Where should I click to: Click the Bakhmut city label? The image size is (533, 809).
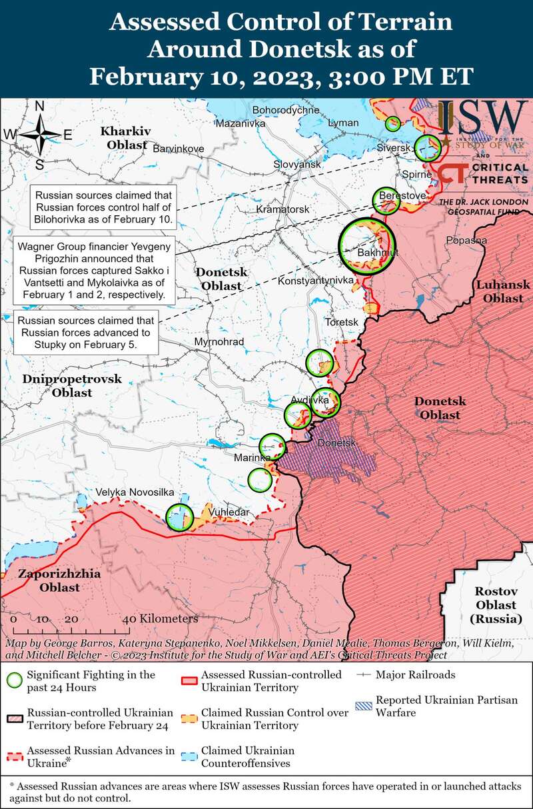pos(377,254)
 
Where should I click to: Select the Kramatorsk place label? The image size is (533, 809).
pos(283,209)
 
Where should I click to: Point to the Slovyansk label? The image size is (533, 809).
pos(297,164)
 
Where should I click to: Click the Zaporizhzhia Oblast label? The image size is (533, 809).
pos(50,580)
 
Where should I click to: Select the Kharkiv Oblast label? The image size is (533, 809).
pos(127,137)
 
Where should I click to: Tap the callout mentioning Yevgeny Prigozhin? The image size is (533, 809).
pos(93,270)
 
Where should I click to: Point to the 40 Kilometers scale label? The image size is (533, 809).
pos(160,619)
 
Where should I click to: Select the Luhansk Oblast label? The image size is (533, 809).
pos(503,292)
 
